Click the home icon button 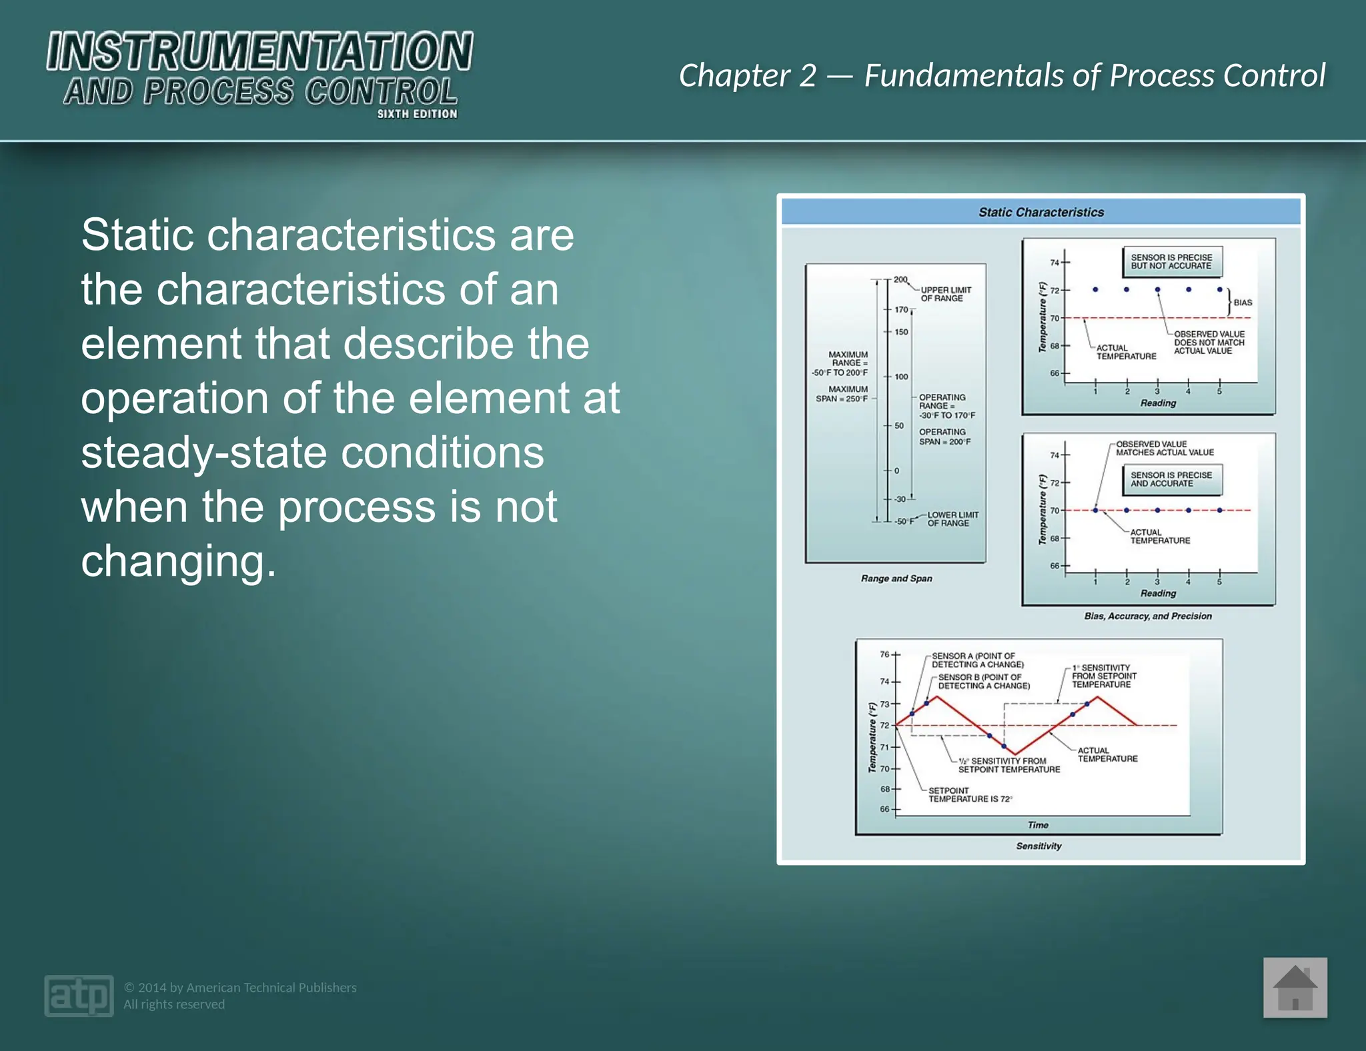1295,988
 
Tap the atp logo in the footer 79,996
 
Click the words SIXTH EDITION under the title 417,114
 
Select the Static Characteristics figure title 1041,212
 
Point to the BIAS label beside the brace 1243,303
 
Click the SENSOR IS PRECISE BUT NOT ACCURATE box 1171,261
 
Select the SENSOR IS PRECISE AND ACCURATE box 1171,479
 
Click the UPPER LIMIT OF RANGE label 945,294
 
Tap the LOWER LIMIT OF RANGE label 952,519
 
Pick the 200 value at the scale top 900,279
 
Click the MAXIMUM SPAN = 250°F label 842,394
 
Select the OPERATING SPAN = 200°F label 944,437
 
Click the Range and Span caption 896,578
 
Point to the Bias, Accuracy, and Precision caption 1147,616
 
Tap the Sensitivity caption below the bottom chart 1039,846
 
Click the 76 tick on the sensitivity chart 884,654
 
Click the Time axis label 1038,824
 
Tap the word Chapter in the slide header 734,75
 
